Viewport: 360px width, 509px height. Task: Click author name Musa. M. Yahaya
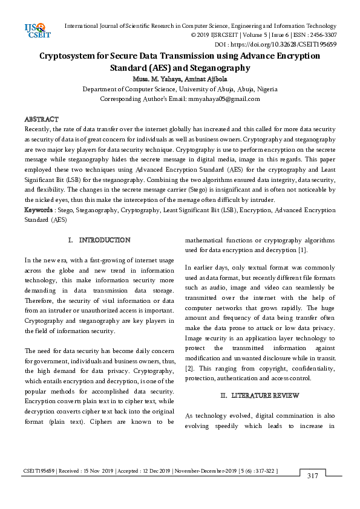(155, 79)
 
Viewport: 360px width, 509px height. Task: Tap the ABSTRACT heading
(41, 120)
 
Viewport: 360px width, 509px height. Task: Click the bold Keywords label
(38, 209)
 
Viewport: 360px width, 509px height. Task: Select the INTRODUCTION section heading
(104, 240)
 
